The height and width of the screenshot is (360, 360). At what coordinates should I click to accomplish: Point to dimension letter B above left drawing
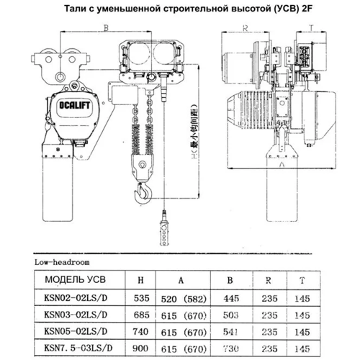pos(107,29)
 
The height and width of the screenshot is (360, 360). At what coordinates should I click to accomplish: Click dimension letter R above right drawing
pos(246,29)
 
